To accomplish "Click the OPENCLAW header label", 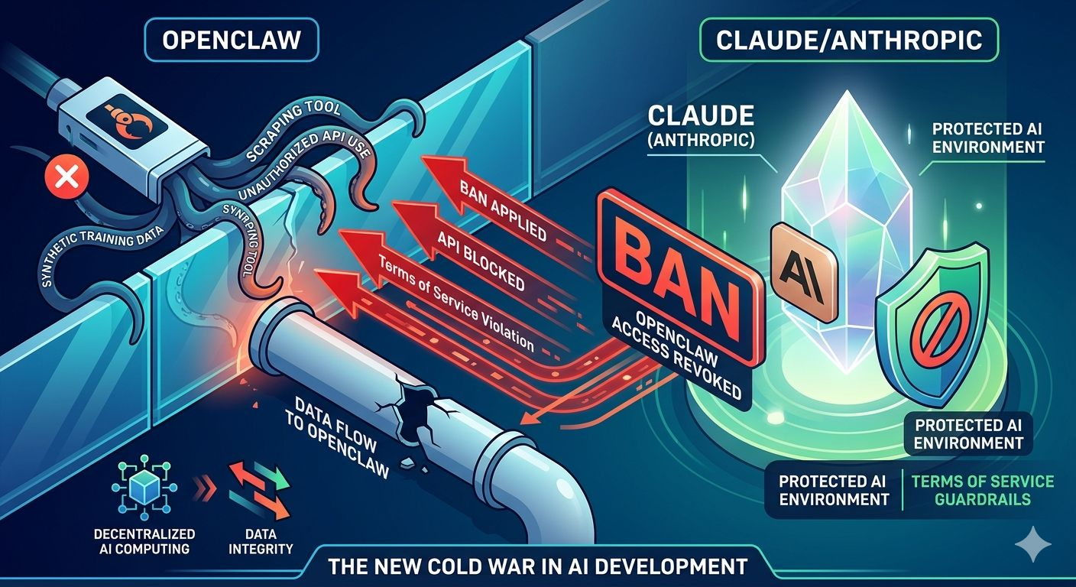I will click(x=232, y=39).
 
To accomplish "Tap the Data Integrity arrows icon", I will click(x=261, y=489).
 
